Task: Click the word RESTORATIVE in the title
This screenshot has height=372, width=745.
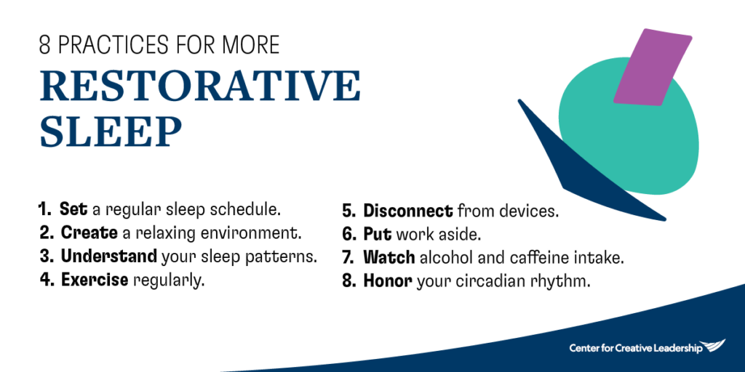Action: (200, 86)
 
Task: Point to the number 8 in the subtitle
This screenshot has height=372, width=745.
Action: (45, 44)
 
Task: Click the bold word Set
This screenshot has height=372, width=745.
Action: (73, 210)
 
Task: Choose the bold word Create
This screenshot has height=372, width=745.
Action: (89, 233)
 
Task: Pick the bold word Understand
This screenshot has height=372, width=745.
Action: (108, 256)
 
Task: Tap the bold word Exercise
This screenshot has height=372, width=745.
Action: (95, 280)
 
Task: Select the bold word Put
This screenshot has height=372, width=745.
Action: (377, 235)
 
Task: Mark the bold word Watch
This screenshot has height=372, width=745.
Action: (389, 258)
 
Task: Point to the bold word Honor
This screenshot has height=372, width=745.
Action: (388, 281)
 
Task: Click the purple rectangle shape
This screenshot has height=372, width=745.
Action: (652, 68)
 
